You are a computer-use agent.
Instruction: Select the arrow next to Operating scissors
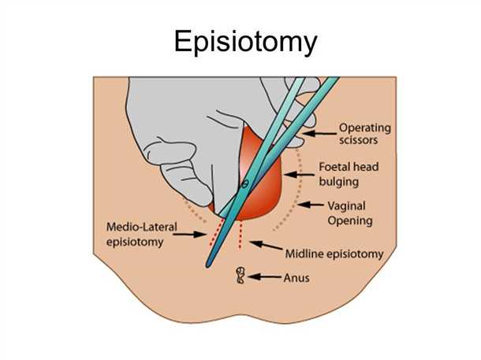(319, 135)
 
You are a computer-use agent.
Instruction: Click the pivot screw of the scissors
(244, 184)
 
